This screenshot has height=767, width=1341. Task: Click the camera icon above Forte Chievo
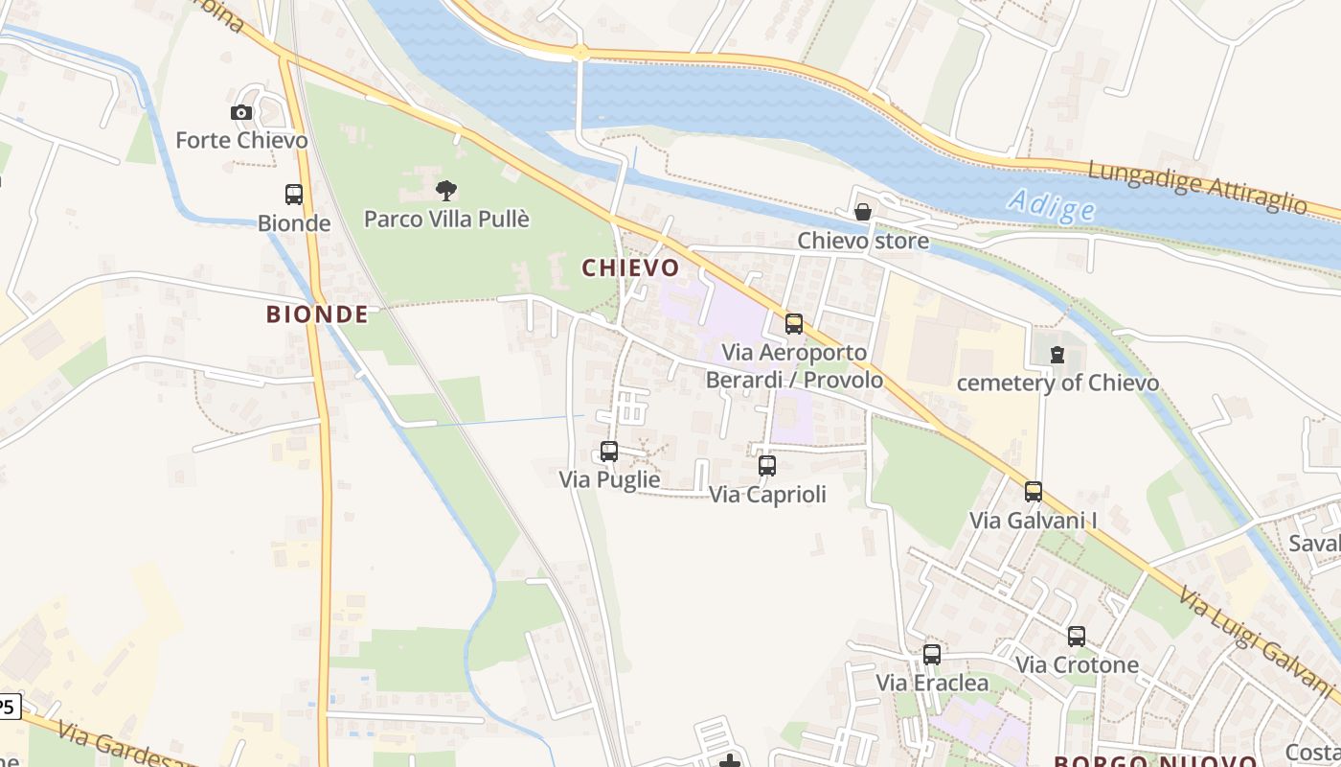(x=241, y=113)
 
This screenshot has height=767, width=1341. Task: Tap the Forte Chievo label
(x=241, y=141)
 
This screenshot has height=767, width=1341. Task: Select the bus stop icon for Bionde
(x=294, y=195)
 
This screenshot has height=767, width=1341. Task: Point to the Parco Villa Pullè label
(x=446, y=219)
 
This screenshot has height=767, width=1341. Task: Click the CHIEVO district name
(x=631, y=268)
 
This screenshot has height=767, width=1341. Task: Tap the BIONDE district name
(x=317, y=314)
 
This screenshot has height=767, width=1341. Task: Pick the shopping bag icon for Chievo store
(x=863, y=212)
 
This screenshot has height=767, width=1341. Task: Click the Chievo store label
(x=863, y=241)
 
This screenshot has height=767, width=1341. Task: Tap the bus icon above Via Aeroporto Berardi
(x=794, y=324)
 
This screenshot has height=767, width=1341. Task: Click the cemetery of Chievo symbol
(x=1057, y=355)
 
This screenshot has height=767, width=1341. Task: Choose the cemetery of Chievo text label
(x=1057, y=383)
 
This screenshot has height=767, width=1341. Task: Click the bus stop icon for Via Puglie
(x=609, y=451)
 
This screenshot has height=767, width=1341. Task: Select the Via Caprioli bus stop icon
(x=767, y=466)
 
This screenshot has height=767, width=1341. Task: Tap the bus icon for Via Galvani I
(x=1034, y=492)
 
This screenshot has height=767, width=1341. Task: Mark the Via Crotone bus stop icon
(x=1077, y=637)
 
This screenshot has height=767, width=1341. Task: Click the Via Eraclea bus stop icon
(x=932, y=655)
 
